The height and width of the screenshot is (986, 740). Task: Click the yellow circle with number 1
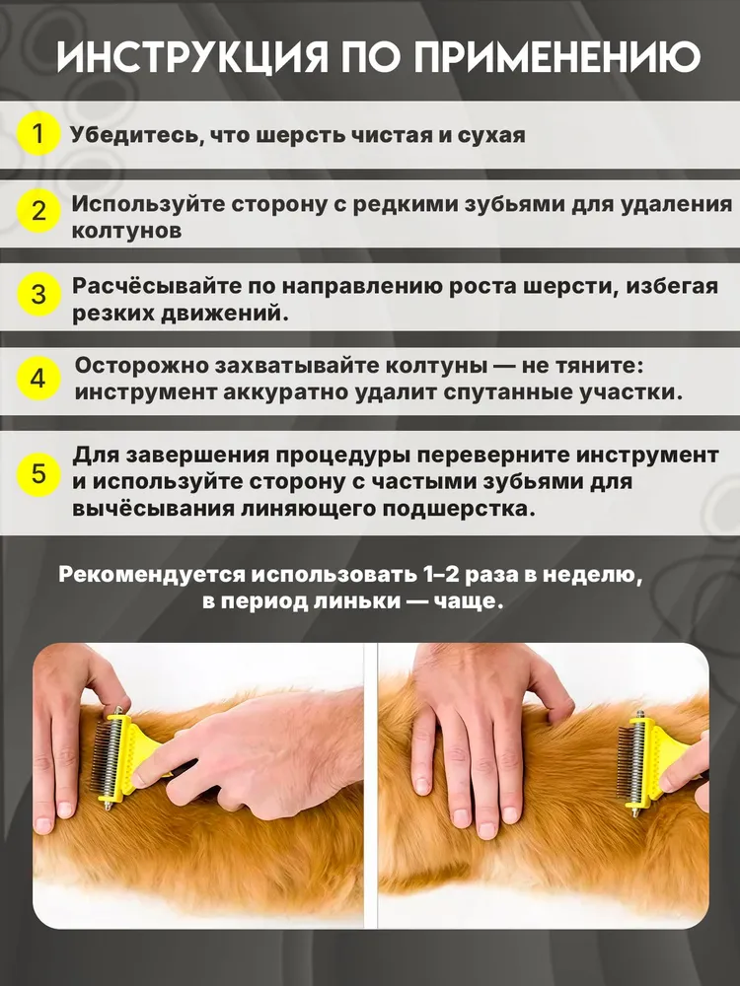(38, 134)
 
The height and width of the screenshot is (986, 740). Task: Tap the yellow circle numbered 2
(38, 210)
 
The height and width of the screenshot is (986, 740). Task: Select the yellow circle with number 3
(38, 294)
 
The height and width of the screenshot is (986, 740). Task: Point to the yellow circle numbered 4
(38, 380)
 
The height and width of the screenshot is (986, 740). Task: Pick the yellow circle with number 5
(38, 473)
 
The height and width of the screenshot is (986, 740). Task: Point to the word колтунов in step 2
(126, 231)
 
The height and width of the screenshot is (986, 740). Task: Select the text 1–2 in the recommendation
(440, 575)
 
